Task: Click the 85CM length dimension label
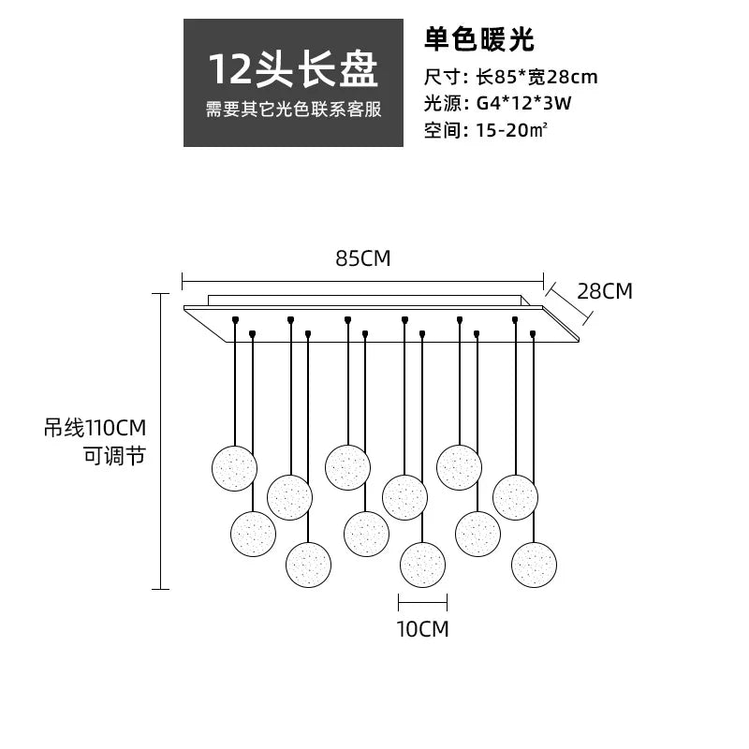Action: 362,259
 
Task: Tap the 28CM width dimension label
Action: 604,291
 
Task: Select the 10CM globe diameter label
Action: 422,629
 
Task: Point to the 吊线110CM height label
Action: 95,429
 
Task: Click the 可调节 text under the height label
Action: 114,458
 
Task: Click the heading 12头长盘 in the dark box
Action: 293,69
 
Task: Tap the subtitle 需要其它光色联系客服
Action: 293,110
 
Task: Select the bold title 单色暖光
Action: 478,40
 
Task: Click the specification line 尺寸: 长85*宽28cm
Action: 510,78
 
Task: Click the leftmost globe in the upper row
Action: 234,468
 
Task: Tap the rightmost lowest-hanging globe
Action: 534,565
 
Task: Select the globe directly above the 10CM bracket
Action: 422,565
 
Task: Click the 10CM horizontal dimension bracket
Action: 422,601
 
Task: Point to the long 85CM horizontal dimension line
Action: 362,278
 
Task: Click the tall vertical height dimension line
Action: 161,440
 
